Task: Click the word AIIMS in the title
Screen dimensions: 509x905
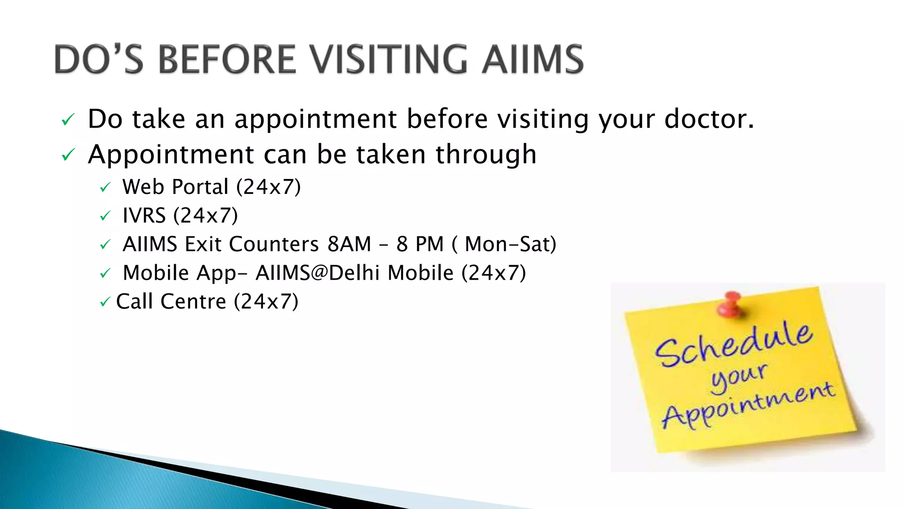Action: tap(533, 59)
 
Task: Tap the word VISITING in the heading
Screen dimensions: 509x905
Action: tap(389, 59)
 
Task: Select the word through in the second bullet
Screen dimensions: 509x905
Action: tap(486, 154)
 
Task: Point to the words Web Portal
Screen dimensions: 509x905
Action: tap(175, 187)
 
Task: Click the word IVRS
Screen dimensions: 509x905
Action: tap(144, 216)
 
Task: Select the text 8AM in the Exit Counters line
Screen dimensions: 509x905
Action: tap(349, 244)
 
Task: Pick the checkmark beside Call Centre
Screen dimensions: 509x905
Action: tap(104, 302)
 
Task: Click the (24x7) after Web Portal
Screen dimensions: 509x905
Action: tap(269, 187)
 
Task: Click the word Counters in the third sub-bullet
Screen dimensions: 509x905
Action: tap(274, 244)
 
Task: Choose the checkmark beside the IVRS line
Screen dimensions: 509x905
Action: tap(105, 216)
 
